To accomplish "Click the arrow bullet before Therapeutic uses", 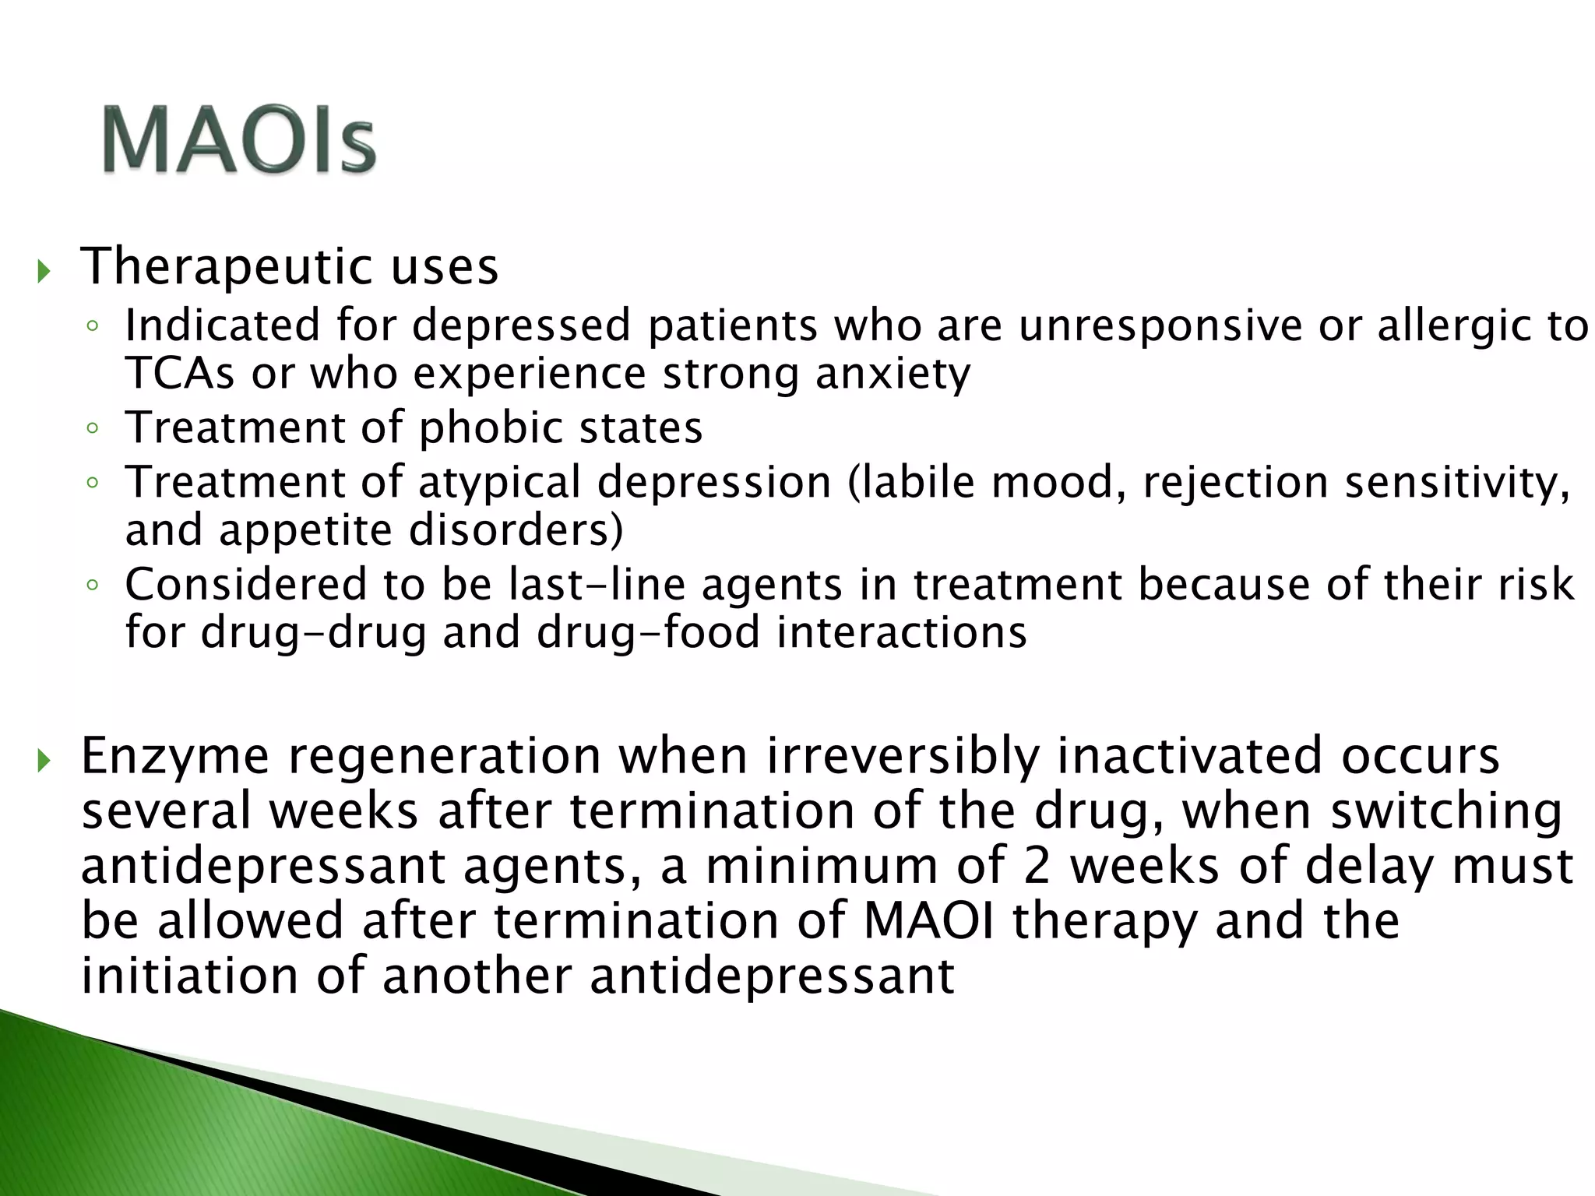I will coord(44,272).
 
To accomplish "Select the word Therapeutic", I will coord(227,267).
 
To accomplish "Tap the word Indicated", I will coord(222,325).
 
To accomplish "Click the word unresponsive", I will coord(1160,325).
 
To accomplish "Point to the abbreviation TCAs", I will coord(179,374).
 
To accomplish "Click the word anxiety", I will coord(893,374).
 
